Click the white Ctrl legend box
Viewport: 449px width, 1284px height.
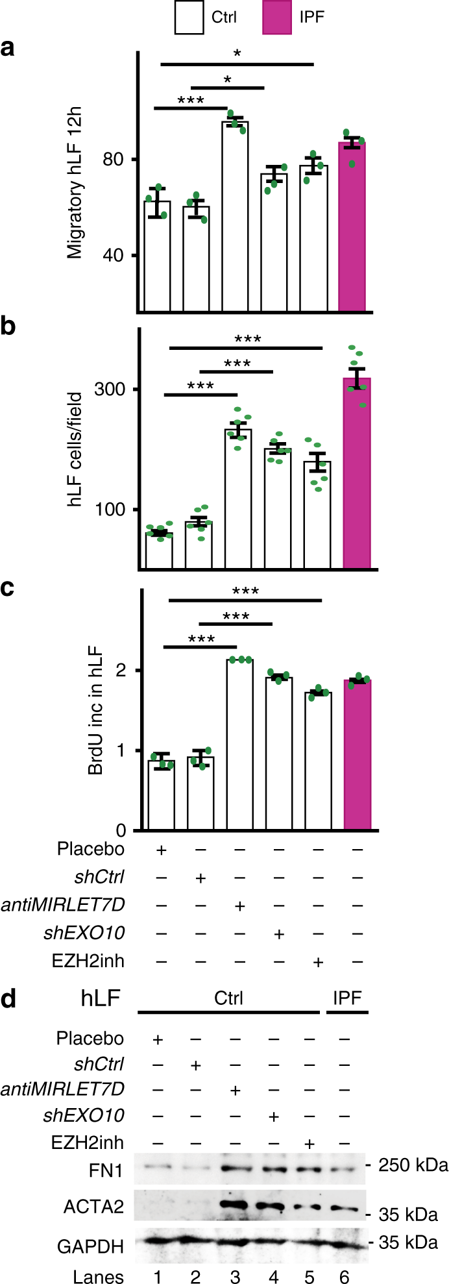coord(189,17)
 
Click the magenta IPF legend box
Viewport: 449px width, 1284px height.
coord(277,17)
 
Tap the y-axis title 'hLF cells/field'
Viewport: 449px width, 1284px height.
coord(77,449)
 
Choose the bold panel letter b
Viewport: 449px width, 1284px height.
coord(8,327)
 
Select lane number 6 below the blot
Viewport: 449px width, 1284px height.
coord(345,1276)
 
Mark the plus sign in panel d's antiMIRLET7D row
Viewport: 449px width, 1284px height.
coord(236,1089)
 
